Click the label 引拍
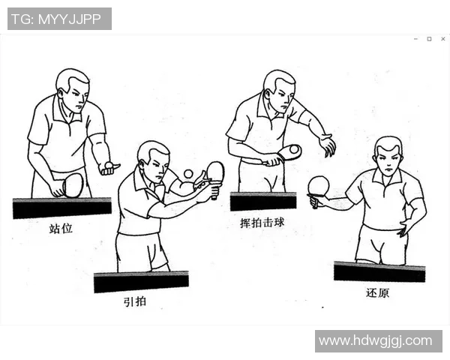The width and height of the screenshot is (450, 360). (136, 301)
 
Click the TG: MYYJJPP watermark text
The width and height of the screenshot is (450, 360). (59, 19)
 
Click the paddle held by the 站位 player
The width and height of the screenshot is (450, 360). (73, 184)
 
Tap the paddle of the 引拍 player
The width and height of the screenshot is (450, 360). (215, 172)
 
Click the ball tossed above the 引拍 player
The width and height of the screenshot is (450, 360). (188, 174)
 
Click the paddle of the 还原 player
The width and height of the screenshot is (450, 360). (319, 186)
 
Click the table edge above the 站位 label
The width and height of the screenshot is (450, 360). (61, 207)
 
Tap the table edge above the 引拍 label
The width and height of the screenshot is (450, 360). (141, 282)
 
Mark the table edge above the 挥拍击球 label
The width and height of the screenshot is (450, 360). (262, 201)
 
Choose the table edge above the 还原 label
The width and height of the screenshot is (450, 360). (379, 271)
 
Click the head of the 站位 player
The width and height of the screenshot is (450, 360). (72, 87)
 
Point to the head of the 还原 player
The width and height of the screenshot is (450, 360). (388, 156)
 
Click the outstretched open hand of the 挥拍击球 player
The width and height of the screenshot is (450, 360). (327, 145)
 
